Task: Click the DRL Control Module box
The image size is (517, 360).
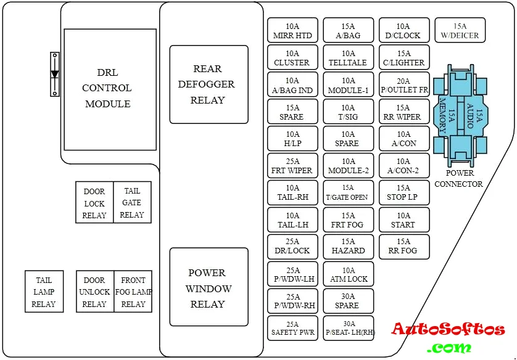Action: pyautogui.click(x=110, y=88)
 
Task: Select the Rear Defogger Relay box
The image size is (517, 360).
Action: pyautogui.click(x=209, y=84)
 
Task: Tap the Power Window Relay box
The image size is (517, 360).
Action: pyautogui.click(x=209, y=288)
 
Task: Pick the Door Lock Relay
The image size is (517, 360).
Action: pyautogui.click(x=94, y=203)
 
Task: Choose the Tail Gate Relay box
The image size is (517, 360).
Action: pyautogui.click(x=132, y=203)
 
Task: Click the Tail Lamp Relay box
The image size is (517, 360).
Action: pyautogui.click(x=44, y=292)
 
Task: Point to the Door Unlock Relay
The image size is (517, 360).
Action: pyautogui.click(x=94, y=292)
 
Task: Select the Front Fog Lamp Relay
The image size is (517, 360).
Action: pyautogui.click(x=133, y=292)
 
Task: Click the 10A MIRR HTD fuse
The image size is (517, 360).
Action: pyautogui.click(x=292, y=31)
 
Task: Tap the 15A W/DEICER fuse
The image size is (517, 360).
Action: pyautogui.click(x=460, y=31)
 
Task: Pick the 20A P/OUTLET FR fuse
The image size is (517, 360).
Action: pyautogui.click(x=404, y=85)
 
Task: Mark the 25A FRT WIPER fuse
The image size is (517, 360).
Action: pyautogui.click(x=292, y=166)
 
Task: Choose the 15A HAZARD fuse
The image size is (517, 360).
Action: pyautogui.click(x=349, y=247)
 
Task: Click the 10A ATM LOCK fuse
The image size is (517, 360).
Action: pyautogui.click(x=349, y=274)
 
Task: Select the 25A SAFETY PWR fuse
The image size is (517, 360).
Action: pyautogui.click(x=292, y=328)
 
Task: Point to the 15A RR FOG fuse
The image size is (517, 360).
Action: pyautogui.click(x=403, y=247)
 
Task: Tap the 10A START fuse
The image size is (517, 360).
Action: pyautogui.click(x=403, y=220)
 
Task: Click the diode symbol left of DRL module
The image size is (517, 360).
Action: pyautogui.click(x=55, y=74)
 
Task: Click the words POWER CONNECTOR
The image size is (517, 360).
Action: pyautogui.click(x=459, y=179)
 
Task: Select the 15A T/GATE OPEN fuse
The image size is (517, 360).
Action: pyautogui.click(x=348, y=193)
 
